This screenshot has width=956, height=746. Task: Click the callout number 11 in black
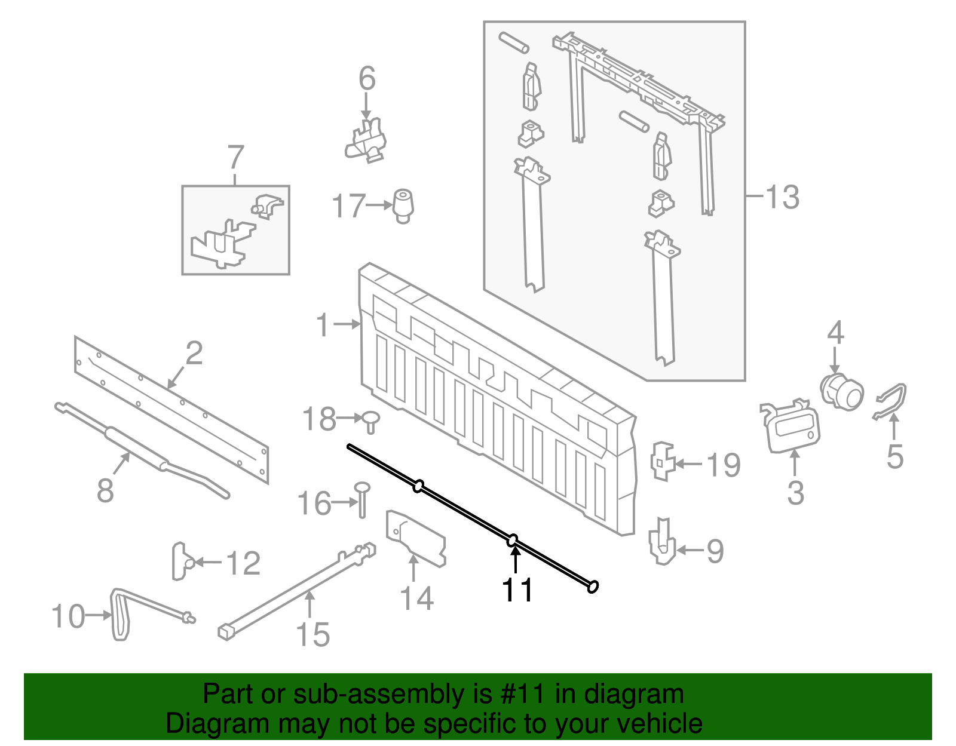[x=517, y=590]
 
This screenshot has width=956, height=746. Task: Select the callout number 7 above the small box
[x=236, y=158]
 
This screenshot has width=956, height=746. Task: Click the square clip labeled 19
[x=662, y=461]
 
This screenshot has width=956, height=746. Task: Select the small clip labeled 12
[x=181, y=561]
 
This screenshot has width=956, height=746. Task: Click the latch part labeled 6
[x=367, y=142]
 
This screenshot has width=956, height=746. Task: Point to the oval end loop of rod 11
[x=592, y=587]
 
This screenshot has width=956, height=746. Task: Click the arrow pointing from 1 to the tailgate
[x=347, y=324]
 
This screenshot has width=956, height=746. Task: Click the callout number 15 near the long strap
[x=312, y=634]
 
